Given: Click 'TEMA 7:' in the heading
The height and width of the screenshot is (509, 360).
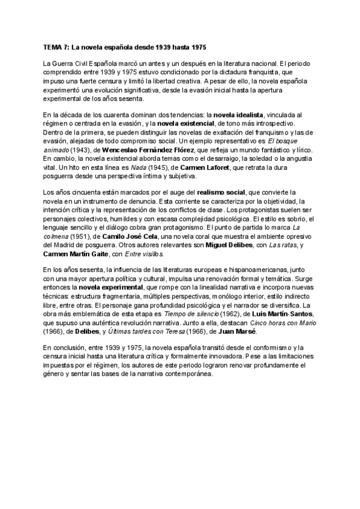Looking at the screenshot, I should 56,47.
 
